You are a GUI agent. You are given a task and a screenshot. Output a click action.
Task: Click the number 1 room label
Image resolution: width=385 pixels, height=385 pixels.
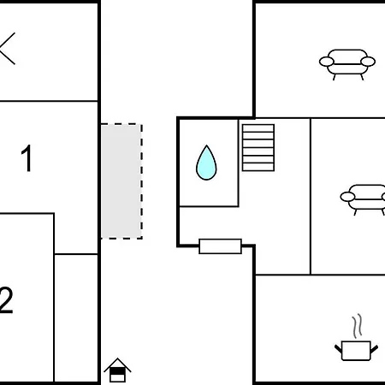[x=27, y=158]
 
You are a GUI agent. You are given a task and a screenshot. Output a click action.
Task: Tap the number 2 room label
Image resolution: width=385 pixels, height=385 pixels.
[x=6, y=300]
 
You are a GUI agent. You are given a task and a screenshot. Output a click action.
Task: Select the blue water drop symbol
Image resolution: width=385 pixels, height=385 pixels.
[x=206, y=163]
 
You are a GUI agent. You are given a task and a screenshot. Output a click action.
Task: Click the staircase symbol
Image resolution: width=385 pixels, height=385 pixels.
[x=258, y=147]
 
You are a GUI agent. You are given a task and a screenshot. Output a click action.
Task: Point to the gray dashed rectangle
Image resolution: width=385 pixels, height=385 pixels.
[x=121, y=181]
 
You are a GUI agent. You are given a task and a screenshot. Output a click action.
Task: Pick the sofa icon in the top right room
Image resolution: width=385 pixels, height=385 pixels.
[x=347, y=64]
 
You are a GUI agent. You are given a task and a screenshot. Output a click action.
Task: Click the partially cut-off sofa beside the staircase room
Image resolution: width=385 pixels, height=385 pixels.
[x=363, y=200]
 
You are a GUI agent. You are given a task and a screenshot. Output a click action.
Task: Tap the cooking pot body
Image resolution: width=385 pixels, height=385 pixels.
[x=356, y=351]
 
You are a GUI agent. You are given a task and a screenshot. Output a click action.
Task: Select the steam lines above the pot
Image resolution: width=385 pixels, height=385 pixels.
[x=357, y=326]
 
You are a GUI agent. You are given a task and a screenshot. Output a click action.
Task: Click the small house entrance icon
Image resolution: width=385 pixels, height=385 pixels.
[x=117, y=370]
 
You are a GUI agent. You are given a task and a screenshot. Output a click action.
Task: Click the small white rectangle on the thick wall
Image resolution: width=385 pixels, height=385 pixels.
[x=220, y=246]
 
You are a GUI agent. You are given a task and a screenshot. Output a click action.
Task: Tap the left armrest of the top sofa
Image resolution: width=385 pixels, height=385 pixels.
[x=326, y=62]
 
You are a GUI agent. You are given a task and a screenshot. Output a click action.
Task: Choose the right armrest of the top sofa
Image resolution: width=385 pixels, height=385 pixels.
[x=368, y=62]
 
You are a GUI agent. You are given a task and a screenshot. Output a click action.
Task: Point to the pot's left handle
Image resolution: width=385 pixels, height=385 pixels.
[x=338, y=348]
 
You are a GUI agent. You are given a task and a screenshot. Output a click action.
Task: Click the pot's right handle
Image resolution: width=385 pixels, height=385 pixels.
[x=374, y=348]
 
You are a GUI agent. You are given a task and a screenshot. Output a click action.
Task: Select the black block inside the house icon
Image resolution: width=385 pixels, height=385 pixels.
[x=117, y=371]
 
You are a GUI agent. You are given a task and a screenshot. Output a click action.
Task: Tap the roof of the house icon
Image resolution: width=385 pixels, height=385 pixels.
[x=117, y=364]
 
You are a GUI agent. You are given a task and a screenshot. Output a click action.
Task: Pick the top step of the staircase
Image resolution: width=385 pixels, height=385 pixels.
[x=258, y=128]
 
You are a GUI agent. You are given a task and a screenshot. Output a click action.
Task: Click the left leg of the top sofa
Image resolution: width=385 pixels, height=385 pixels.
[x=335, y=77]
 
